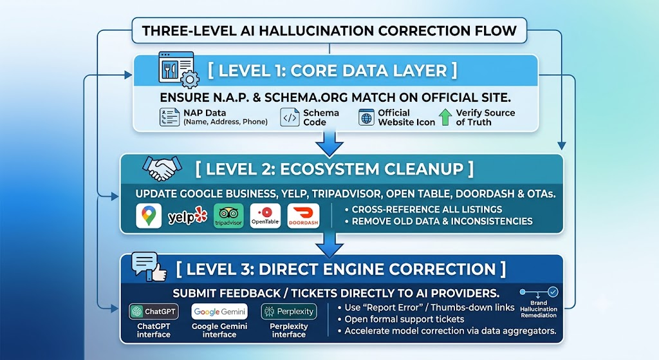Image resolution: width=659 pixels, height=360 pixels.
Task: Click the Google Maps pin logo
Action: click(x=149, y=216)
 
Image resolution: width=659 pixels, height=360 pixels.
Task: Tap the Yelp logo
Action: click(x=187, y=216)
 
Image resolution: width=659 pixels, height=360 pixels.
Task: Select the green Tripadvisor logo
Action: click(x=228, y=216)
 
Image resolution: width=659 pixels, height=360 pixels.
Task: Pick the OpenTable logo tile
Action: click(x=265, y=216)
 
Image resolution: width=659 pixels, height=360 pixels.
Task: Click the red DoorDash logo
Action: click(x=304, y=216)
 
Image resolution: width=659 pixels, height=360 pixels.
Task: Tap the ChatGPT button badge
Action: click(x=153, y=312)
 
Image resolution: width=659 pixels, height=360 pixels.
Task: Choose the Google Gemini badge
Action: click(x=219, y=312)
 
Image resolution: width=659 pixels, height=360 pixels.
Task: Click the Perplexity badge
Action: click(x=289, y=312)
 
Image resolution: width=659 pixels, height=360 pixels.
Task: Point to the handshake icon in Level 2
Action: click(x=162, y=168)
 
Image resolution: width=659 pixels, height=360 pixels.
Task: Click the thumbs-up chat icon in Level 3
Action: click(x=149, y=267)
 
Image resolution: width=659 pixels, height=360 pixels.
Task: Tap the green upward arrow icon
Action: click(x=445, y=117)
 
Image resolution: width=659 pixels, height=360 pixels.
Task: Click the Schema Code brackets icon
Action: click(x=290, y=117)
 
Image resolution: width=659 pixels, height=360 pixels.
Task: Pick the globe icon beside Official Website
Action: click(x=366, y=117)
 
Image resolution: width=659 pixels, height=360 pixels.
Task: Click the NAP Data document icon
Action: click(x=169, y=117)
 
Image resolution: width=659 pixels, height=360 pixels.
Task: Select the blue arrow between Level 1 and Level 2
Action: click(x=329, y=144)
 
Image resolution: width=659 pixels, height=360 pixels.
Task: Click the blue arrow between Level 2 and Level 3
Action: click(x=329, y=245)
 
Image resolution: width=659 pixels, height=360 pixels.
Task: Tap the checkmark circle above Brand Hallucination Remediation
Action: click(x=553, y=292)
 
